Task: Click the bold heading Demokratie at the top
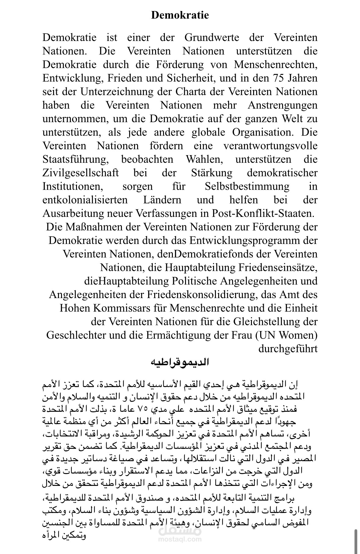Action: coord(180,15)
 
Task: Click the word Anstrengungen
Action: coord(282,105)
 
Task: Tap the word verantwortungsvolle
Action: coord(271,146)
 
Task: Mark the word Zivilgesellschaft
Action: coord(81,173)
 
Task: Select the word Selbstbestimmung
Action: coord(247,186)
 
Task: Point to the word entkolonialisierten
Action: coord(85,200)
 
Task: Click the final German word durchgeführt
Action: coord(288,348)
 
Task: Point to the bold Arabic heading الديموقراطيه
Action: coord(180,362)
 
